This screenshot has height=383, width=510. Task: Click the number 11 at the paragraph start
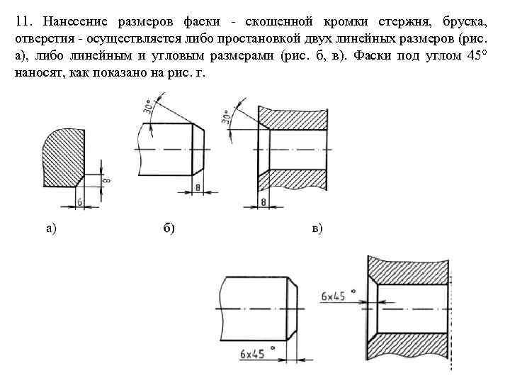pyautogui.click(x=21, y=23)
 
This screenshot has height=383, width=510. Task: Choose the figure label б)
pyautogui.click(x=170, y=228)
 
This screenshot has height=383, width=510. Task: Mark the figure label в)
pyautogui.click(x=317, y=228)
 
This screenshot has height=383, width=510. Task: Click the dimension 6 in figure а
pyautogui.click(x=79, y=201)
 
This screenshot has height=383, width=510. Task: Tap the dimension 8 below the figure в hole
pyautogui.click(x=263, y=203)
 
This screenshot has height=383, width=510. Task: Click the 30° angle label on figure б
pyautogui.click(x=149, y=108)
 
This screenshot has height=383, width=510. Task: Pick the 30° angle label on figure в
pyautogui.click(x=227, y=116)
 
